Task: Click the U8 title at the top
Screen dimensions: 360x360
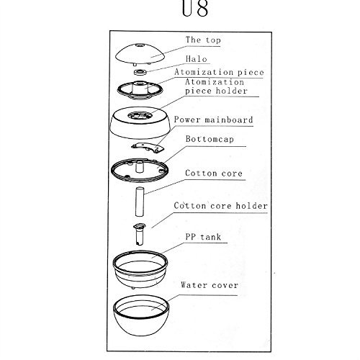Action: point(195,9)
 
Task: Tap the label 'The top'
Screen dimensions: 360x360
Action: point(203,40)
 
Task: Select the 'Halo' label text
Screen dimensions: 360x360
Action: point(197,59)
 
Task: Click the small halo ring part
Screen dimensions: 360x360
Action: point(140,72)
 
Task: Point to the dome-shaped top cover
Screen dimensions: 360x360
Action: point(140,54)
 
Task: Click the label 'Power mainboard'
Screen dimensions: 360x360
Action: point(213,120)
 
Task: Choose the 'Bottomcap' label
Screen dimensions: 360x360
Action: point(210,139)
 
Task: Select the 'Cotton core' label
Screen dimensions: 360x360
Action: point(214,173)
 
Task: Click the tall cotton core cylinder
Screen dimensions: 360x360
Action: point(140,202)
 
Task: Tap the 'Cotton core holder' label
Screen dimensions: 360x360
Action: point(220,206)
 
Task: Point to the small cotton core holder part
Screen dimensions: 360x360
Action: point(139,234)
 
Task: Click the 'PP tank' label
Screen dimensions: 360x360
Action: point(203,237)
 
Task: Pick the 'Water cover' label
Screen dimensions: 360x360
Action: point(210,285)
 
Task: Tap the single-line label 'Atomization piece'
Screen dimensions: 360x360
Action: point(219,72)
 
